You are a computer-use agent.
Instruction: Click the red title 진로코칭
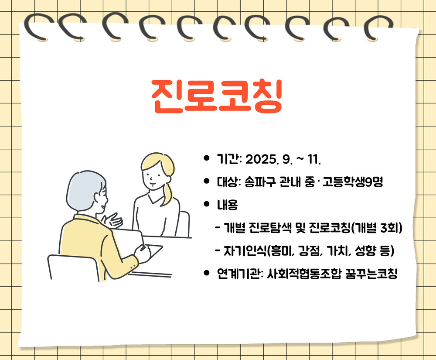[217, 96]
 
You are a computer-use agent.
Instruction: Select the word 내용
[228, 205]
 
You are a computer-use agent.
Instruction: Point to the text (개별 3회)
[377, 228]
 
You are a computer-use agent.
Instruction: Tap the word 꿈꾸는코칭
[371, 274]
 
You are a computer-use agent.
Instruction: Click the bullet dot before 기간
[206, 158]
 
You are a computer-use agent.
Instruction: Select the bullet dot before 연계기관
[206, 272]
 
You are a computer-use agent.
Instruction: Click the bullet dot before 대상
[206, 181]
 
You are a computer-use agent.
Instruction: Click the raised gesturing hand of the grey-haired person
[112, 220]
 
